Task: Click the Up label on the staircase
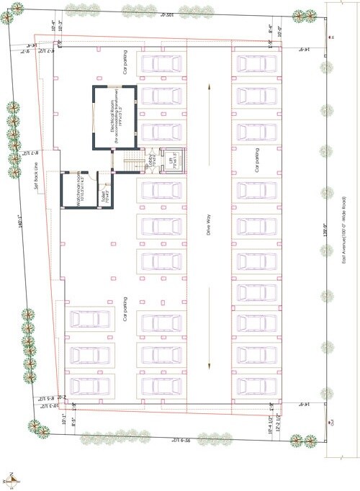click(145, 167)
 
